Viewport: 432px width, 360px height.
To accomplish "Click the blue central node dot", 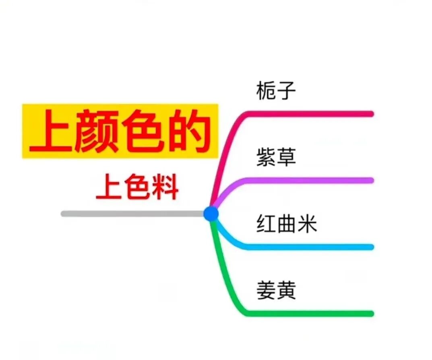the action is (211, 214).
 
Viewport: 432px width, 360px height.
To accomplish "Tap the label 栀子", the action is (276, 91).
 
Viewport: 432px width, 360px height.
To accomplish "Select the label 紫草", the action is (276, 157).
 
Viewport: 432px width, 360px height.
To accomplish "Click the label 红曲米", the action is (287, 224).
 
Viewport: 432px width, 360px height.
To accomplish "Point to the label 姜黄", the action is (276, 290).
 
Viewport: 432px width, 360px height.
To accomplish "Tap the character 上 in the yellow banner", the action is (52, 132).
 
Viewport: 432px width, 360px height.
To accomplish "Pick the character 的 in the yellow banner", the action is (189, 132).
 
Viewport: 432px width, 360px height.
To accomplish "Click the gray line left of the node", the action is (133, 214).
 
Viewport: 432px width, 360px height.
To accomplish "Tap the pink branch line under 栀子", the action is (310, 114).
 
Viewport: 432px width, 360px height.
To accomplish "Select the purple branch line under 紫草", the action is (310, 180).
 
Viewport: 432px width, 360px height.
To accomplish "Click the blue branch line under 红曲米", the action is (310, 247).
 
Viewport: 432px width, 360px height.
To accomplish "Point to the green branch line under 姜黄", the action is (310, 313).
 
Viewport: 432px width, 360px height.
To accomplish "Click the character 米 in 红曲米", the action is (307, 224).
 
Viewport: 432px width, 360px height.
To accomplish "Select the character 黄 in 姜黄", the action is (286, 290).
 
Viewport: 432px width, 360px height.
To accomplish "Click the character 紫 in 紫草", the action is (266, 157).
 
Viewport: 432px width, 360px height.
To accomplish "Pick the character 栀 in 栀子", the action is (266, 91).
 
